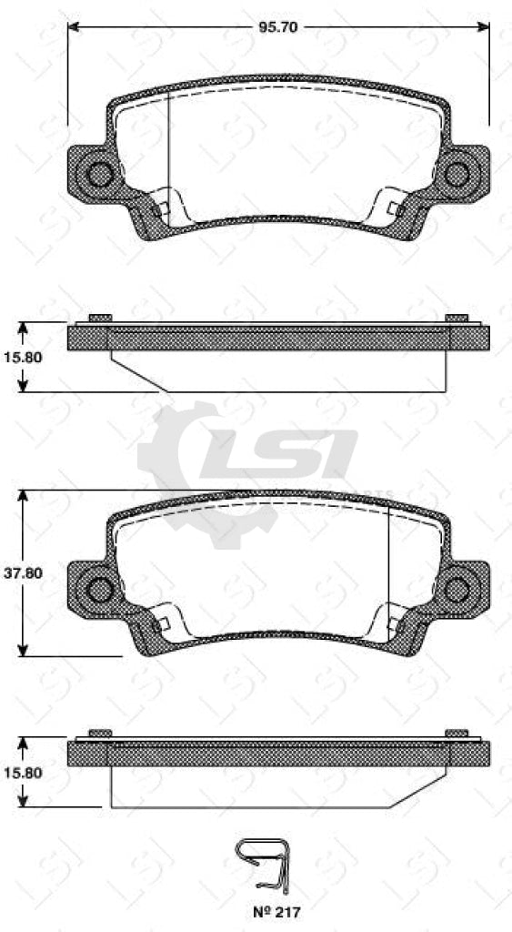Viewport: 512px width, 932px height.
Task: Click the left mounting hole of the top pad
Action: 99,173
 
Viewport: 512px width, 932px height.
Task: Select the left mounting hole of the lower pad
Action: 99,589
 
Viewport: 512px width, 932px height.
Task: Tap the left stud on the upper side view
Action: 100,319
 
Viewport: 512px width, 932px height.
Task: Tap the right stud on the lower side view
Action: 457,734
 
